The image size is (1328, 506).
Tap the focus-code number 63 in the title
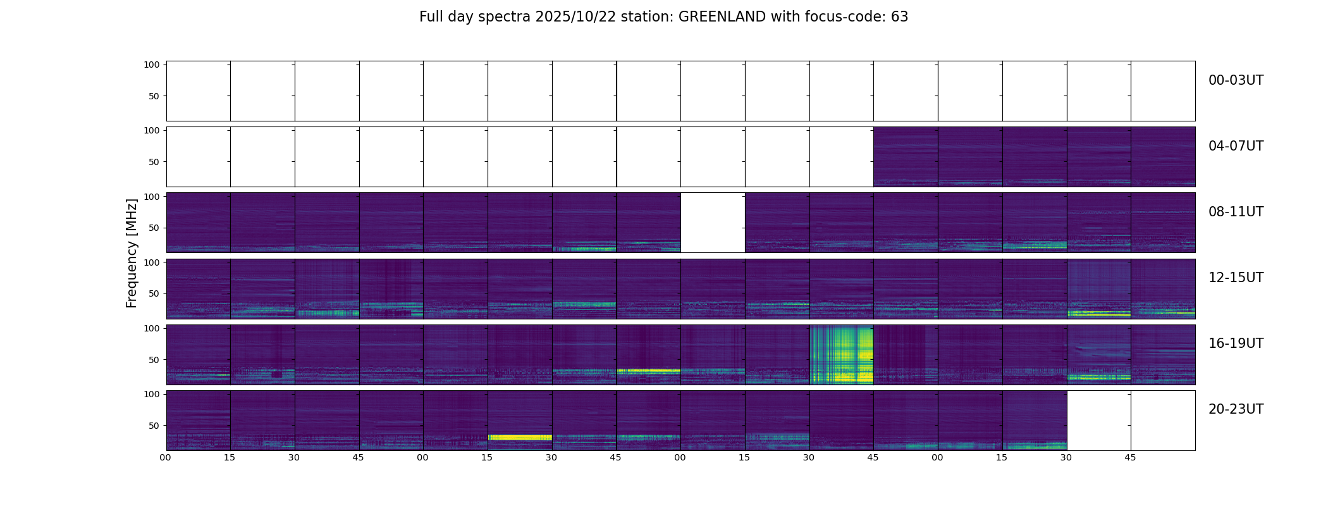(x=899, y=17)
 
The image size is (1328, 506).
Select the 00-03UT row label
(x=1236, y=80)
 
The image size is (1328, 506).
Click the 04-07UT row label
(x=1236, y=146)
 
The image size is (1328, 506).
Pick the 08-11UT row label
(x=1236, y=212)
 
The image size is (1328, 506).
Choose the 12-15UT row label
(x=1236, y=278)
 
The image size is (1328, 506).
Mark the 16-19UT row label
(x=1236, y=343)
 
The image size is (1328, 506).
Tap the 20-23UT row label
(x=1236, y=409)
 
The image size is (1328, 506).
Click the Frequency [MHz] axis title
(x=132, y=253)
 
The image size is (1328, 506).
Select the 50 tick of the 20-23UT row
(x=154, y=426)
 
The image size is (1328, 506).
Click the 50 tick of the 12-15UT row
(x=154, y=293)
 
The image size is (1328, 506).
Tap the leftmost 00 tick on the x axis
(x=166, y=457)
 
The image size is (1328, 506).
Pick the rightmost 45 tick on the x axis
(x=1130, y=457)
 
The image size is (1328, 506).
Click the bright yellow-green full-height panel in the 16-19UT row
(x=841, y=354)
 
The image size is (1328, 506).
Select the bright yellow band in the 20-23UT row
(x=520, y=437)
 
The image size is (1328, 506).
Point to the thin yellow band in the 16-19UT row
(x=648, y=371)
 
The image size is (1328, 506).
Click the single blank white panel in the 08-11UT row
(x=713, y=223)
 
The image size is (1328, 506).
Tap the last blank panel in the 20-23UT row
(x=1163, y=421)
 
